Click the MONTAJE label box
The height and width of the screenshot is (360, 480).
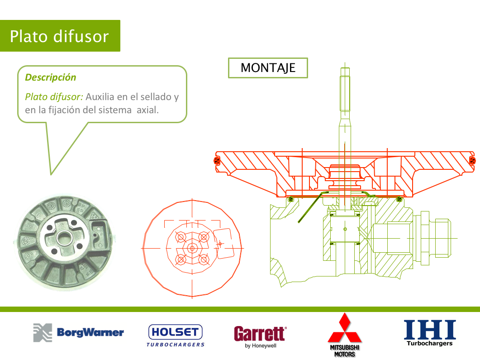(268, 68)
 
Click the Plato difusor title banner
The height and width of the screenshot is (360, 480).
(60, 36)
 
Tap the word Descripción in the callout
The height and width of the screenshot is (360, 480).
(51, 77)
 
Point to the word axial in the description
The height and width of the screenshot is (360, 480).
(147, 110)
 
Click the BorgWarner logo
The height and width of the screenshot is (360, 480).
(78, 332)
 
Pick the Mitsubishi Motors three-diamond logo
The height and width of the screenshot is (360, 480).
(345, 335)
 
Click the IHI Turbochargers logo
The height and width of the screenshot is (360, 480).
(430, 333)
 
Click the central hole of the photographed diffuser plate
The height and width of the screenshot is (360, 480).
(64, 237)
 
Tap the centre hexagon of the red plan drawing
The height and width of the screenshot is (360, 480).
(192, 248)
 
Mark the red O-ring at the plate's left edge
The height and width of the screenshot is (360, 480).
(217, 160)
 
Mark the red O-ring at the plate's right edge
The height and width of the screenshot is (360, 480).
(472, 160)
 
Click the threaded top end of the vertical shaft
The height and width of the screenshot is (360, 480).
(345, 89)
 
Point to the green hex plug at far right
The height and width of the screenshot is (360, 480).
(442, 238)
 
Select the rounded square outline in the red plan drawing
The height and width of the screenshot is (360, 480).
(224, 243)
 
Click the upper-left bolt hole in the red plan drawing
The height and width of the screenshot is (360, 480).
(181, 237)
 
